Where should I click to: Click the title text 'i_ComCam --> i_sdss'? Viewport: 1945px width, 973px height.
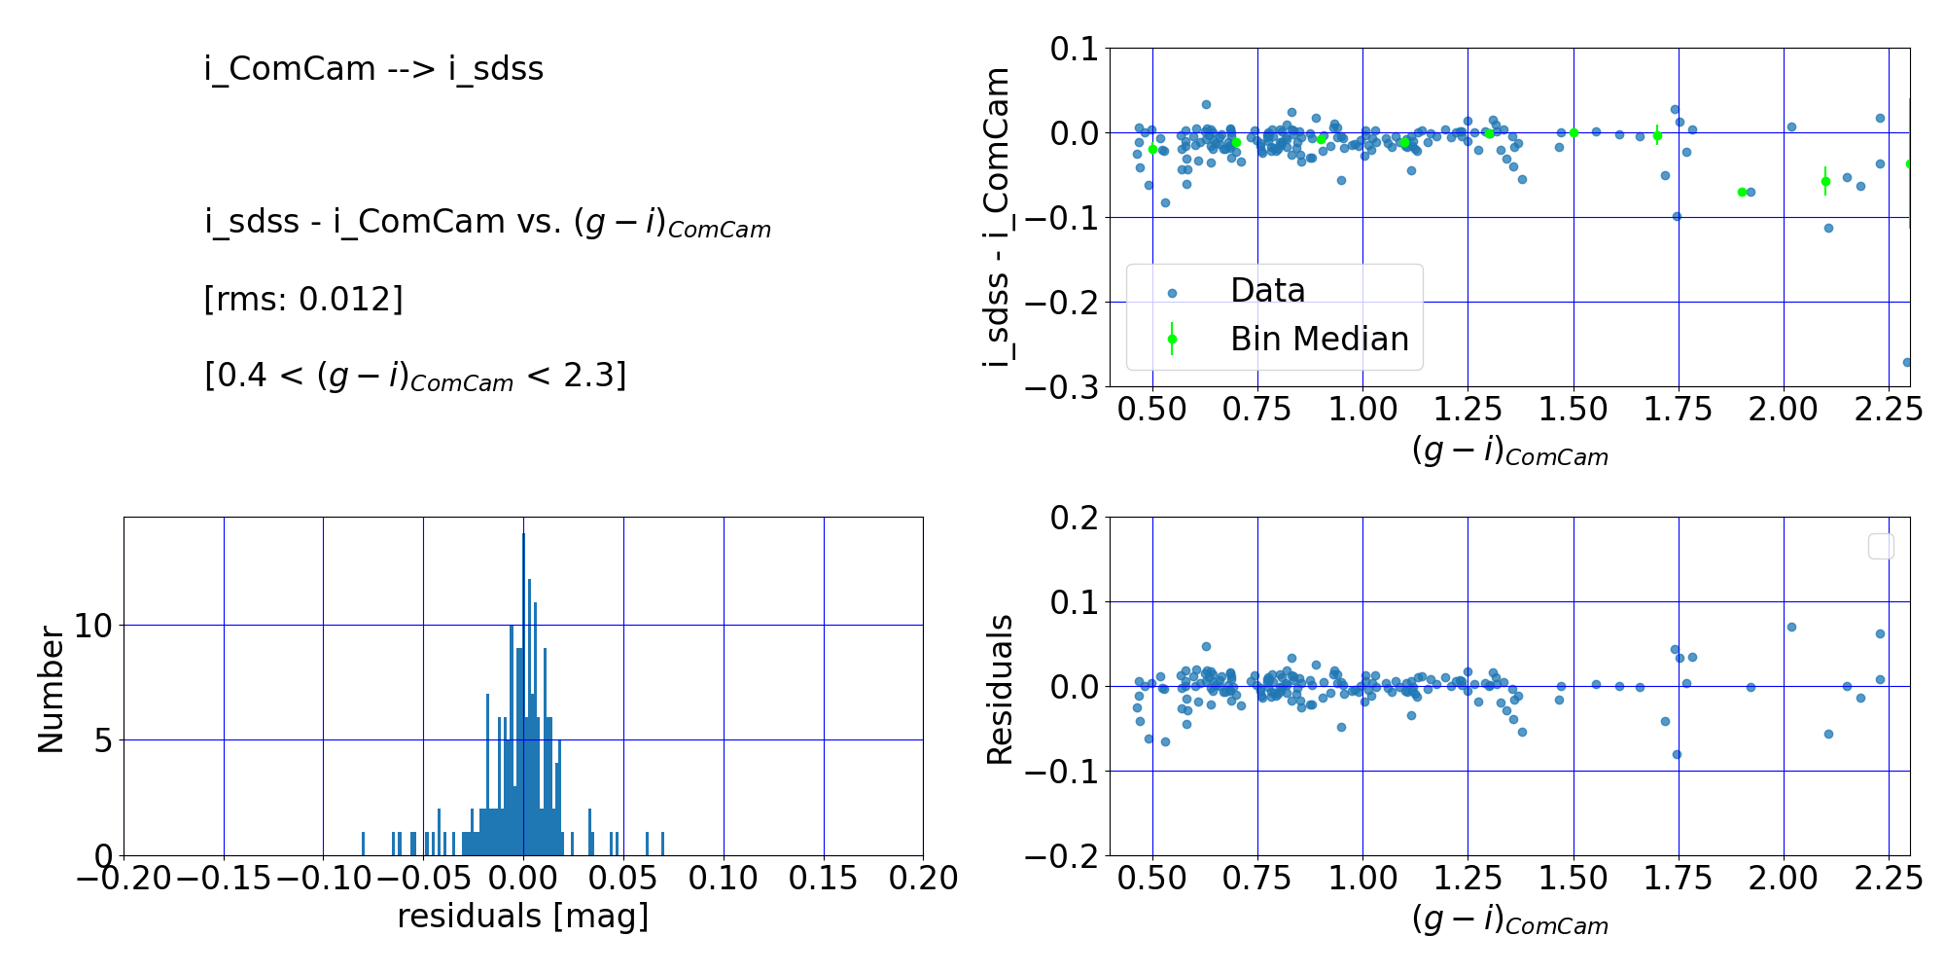[x=373, y=69]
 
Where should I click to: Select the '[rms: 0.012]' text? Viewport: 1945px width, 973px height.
[x=302, y=299]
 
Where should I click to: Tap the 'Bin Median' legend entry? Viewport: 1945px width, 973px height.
[x=1319, y=339]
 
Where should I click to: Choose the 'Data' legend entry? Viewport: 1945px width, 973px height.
[x=1267, y=290]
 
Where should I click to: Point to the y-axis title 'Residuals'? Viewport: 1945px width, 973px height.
[x=1000, y=689]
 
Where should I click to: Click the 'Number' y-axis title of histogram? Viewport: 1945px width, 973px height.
[x=51, y=689]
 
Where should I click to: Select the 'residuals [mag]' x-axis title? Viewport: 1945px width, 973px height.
[x=522, y=917]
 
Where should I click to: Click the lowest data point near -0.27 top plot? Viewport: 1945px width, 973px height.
[x=1907, y=362]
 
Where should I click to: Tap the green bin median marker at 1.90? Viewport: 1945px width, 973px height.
[x=1742, y=192]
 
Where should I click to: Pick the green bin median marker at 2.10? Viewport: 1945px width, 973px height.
[x=1825, y=181]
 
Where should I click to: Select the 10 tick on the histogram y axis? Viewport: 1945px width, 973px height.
[x=93, y=626]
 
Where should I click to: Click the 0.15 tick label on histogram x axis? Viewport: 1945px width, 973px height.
[x=824, y=879]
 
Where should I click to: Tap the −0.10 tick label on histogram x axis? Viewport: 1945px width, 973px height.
[x=323, y=879]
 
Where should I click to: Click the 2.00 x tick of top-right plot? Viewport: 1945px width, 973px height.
[x=1784, y=410]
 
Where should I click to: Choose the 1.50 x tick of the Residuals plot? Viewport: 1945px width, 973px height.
[x=1574, y=879]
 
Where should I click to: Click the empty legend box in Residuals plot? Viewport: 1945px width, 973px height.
[x=1881, y=547]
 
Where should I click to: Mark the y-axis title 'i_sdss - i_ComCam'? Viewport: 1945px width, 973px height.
[x=998, y=217]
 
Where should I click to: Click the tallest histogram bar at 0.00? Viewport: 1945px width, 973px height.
[x=523, y=695]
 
